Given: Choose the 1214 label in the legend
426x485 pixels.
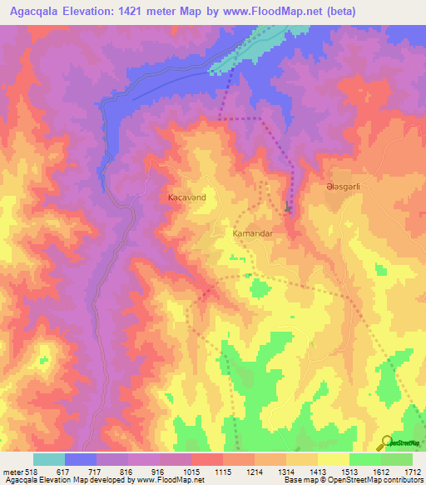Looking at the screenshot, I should (x=255, y=471).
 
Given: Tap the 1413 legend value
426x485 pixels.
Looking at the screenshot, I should (x=319, y=471).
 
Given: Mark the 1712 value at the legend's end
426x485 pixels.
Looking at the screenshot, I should (x=413, y=471).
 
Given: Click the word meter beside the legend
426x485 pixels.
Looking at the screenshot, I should (x=12, y=471).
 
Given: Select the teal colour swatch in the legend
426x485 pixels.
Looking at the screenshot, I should (x=48, y=459).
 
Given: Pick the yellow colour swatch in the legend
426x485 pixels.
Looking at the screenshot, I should (x=333, y=459).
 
